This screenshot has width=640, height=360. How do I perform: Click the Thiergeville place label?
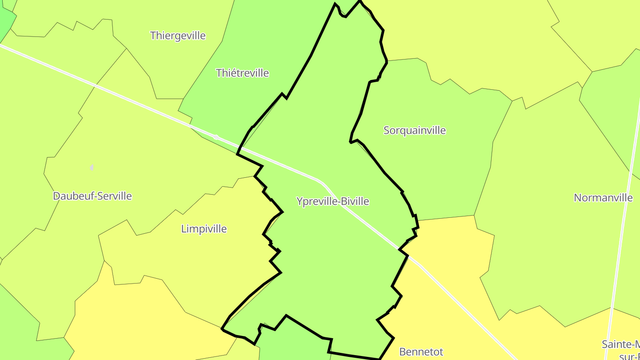178,36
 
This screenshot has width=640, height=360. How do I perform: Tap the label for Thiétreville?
242,73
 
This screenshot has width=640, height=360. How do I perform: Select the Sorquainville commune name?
414,130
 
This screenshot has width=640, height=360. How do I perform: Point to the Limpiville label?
204,229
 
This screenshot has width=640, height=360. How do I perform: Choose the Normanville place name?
603,198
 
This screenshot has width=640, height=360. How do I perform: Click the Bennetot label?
421,352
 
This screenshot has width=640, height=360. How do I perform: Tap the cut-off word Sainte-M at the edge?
620,344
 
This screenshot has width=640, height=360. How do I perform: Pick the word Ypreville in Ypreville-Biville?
316,201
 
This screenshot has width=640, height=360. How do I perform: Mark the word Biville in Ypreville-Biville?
355,201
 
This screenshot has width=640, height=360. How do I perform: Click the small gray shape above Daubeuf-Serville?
92,168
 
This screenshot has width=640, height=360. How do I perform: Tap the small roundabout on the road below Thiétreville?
216,137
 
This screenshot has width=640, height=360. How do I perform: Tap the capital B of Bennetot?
403,352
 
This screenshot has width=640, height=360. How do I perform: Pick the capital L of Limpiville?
184,229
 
